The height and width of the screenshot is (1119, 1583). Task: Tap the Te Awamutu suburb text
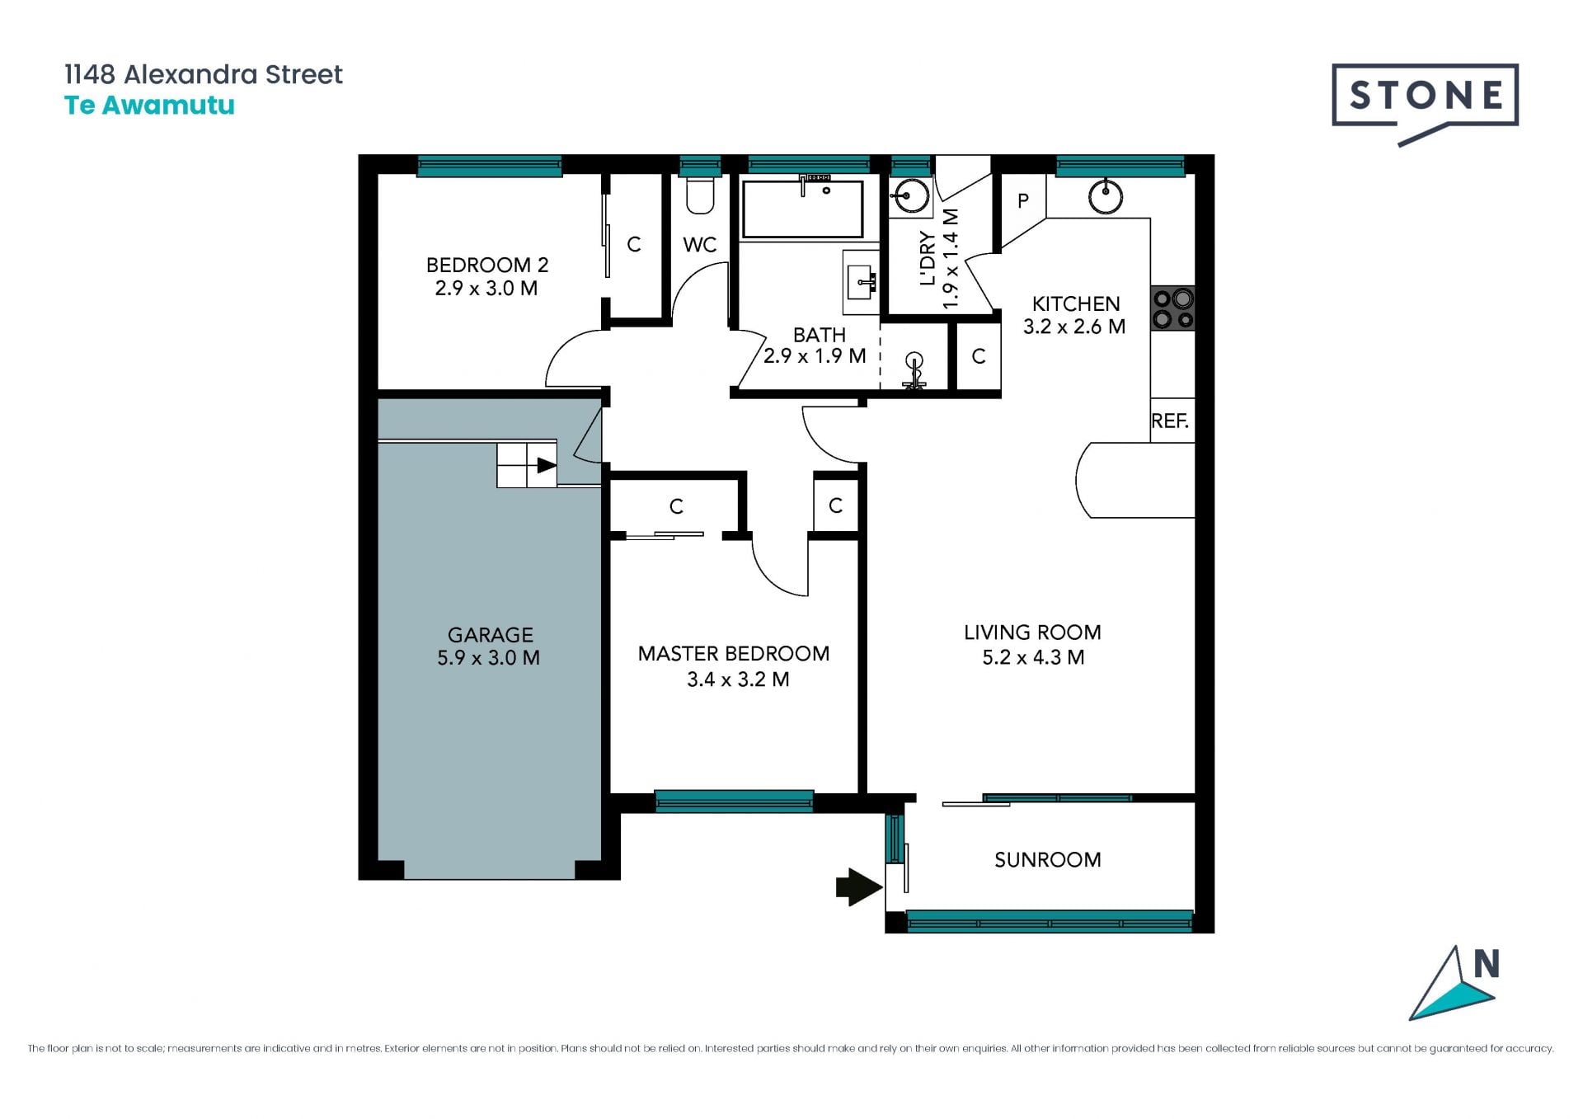click(x=149, y=106)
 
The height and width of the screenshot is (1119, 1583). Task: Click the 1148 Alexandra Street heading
click(x=204, y=74)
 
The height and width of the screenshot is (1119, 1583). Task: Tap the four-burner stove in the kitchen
click(x=1173, y=308)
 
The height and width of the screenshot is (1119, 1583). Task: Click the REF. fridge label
click(x=1170, y=421)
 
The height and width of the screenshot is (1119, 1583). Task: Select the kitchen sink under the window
click(x=1105, y=196)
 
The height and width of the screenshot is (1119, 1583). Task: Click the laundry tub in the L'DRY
click(x=910, y=196)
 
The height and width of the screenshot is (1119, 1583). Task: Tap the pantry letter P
click(x=1023, y=200)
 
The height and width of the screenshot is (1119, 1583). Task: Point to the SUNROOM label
click(x=1048, y=860)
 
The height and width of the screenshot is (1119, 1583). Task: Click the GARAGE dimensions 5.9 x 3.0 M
click(x=489, y=658)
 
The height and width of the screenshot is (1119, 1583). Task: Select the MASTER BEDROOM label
click(x=734, y=654)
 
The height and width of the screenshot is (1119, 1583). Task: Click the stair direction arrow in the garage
click(x=546, y=465)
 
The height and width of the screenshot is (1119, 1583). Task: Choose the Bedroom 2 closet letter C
click(x=634, y=244)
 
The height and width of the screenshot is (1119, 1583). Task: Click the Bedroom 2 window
click(x=490, y=166)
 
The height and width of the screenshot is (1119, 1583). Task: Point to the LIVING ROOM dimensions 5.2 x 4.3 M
click(x=1033, y=657)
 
